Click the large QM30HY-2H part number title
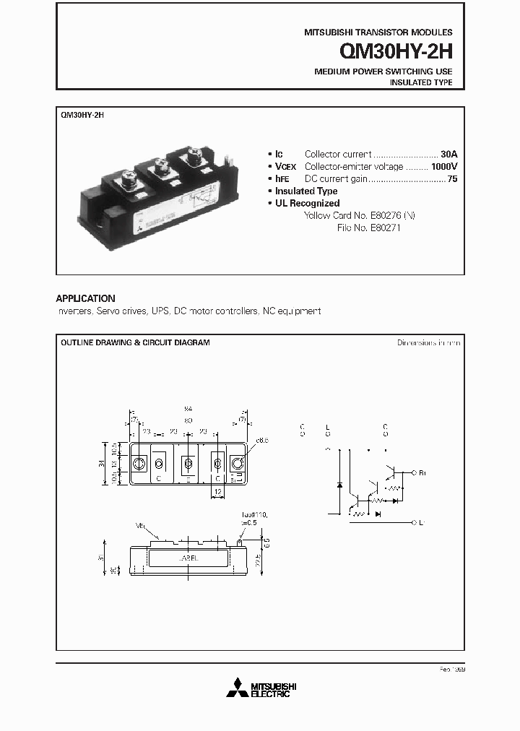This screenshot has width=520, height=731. pyautogui.click(x=397, y=52)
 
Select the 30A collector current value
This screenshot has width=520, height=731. pyautogui.click(x=448, y=154)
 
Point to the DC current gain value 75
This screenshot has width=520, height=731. pyautogui.click(x=452, y=178)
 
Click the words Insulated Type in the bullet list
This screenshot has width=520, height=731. pyautogui.click(x=306, y=191)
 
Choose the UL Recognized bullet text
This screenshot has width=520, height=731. pyautogui.click(x=307, y=203)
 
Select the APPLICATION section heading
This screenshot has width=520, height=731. pyautogui.click(x=85, y=298)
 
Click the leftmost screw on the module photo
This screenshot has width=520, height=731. pyautogui.click(x=128, y=176)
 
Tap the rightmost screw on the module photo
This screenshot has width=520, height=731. pyautogui.click(x=194, y=156)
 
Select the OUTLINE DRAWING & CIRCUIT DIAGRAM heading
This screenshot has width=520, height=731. pyautogui.click(x=135, y=342)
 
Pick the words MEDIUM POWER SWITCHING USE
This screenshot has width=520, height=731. pyautogui.click(x=383, y=72)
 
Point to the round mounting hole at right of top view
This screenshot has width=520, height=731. pyautogui.click(x=238, y=463)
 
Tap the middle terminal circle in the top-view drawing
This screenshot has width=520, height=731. pyautogui.click(x=188, y=463)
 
